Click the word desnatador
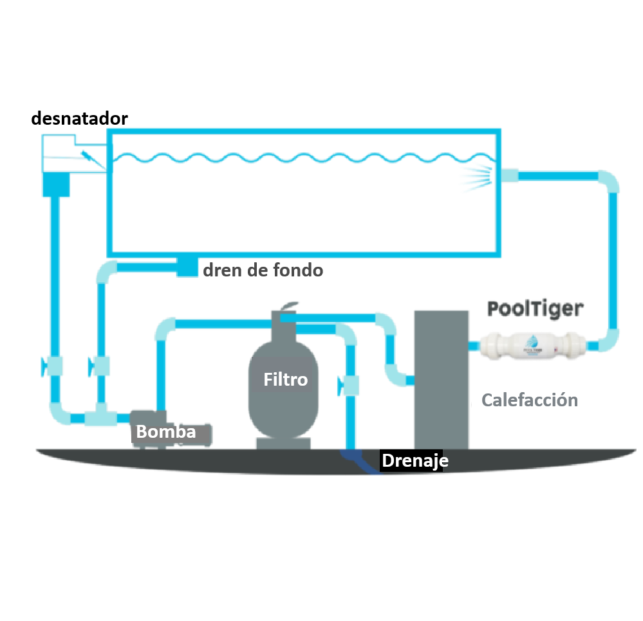(x=80, y=118)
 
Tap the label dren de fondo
(x=263, y=270)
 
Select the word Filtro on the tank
(x=286, y=380)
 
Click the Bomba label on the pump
(x=166, y=431)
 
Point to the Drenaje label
(x=415, y=460)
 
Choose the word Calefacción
(x=530, y=400)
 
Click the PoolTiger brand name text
(x=536, y=309)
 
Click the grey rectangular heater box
(x=441, y=379)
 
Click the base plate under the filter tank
(x=283, y=443)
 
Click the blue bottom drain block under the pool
(x=187, y=265)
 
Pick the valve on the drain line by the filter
(x=348, y=385)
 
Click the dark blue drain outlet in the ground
(x=359, y=462)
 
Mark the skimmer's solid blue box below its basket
(x=55, y=184)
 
